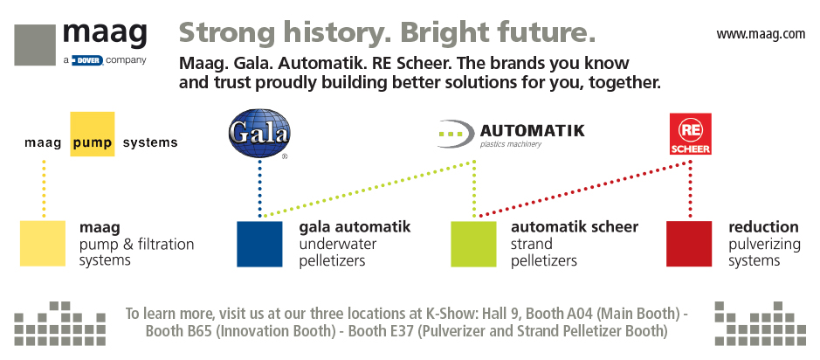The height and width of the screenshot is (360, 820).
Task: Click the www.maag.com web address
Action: (761, 35)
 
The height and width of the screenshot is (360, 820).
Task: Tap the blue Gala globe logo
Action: (259, 134)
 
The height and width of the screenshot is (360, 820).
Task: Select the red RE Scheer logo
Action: (690, 134)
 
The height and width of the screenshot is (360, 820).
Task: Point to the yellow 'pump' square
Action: (93, 134)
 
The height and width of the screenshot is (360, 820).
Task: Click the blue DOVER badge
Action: (88, 60)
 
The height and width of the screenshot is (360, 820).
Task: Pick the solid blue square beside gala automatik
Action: (259, 244)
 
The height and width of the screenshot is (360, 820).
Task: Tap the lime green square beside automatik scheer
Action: (474, 244)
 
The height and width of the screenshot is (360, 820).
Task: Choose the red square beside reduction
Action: (689, 244)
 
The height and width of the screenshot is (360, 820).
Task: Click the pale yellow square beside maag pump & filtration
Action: (43, 244)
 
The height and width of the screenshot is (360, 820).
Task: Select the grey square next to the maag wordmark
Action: (35, 45)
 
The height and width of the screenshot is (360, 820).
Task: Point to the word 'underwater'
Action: (338, 244)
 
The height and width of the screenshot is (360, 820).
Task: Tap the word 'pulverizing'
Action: (765, 245)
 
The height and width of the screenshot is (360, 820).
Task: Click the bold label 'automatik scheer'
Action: (575, 227)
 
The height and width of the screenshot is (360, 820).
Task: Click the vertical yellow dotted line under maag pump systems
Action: (44, 189)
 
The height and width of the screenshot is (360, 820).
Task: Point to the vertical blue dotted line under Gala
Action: (259, 189)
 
